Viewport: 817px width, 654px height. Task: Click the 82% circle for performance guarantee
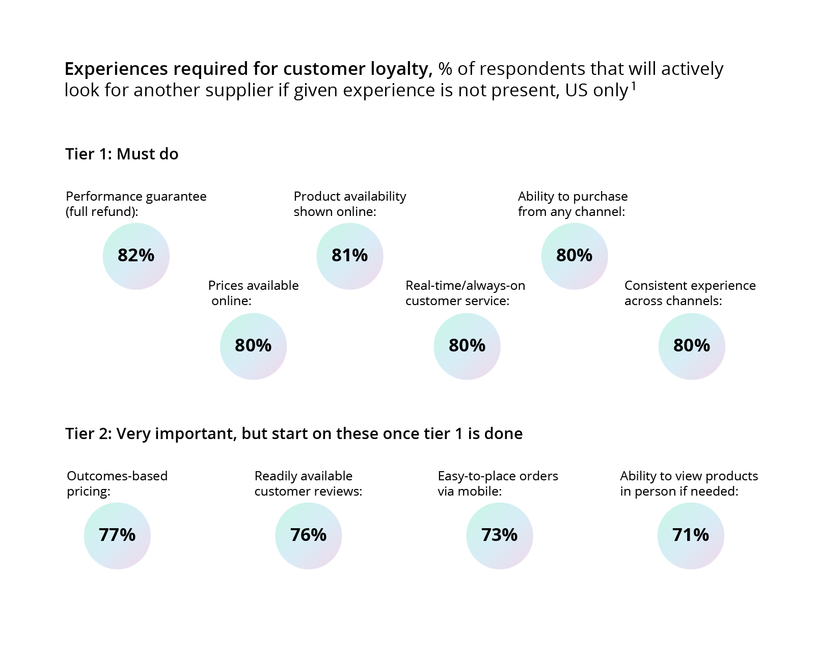(x=136, y=256)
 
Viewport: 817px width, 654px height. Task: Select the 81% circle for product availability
(x=350, y=256)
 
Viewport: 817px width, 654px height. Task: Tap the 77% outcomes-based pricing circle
(x=117, y=536)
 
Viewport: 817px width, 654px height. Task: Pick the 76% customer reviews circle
(x=308, y=536)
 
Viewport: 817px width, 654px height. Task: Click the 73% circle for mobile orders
(x=500, y=536)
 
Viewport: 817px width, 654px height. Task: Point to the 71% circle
(x=691, y=536)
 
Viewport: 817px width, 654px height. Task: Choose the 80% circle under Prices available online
(x=253, y=346)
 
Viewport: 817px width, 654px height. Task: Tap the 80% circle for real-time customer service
(x=467, y=346)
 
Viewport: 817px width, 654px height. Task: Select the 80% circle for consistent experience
(x=692, y=346)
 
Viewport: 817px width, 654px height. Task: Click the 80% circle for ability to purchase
(x=575, y=256)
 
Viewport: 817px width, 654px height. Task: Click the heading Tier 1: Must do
(x=122, y=154)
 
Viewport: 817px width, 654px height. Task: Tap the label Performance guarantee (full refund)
(x=136, y=204)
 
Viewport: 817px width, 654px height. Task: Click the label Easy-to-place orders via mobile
(x=498, y=483)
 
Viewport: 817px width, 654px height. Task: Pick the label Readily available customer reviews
(x=308, y=483)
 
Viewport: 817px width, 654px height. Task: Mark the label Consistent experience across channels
(x=690, y=293)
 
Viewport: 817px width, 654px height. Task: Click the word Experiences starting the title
(x=116, y=69)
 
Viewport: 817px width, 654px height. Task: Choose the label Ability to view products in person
(x=689, y=483)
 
